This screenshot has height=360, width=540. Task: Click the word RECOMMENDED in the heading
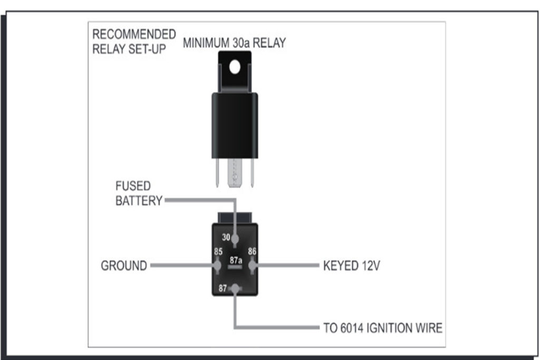tap(134, 34)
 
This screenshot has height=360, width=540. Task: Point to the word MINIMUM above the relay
tap(206, 43)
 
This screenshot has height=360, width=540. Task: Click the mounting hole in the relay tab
tap(235, 67)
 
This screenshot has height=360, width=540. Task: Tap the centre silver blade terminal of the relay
tap(235, 173)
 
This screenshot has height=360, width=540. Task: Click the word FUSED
tap(133, 186)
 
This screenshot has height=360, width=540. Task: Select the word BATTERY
tap(139, 201)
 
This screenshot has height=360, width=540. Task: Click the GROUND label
tap(124, 266)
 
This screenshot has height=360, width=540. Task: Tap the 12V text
tap(371, 266)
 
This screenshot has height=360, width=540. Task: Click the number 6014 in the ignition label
tap(352, 328)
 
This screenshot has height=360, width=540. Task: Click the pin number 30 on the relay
tap(226, 237)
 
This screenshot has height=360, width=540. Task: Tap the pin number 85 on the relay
tap(218, 251)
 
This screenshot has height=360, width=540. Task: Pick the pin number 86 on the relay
tap(252, 251)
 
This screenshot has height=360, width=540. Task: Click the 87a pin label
tap(236, 260)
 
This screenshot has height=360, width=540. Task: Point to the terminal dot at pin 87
tap(235, 288)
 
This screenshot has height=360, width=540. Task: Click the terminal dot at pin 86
tap(253, 265)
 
